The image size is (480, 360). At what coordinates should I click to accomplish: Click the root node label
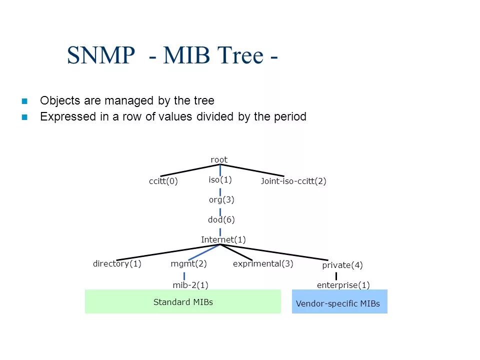point(219,159)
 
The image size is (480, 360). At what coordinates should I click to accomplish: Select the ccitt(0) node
point(163,181)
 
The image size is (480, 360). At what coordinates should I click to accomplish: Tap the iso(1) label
point(220,179)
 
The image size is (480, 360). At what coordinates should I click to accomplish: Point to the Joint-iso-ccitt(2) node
point(293,181)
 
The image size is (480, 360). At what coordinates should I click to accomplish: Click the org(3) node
point(221,199)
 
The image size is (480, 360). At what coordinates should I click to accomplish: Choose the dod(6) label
point(221,219)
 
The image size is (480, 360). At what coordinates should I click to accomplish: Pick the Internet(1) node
point(223,239)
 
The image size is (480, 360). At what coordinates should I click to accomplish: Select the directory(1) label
point(117,263)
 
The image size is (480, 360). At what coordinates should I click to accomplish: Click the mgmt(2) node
point(189,263)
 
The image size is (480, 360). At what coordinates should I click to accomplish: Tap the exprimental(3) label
point(263,263)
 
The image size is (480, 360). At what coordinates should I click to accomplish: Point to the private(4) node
point(342,265)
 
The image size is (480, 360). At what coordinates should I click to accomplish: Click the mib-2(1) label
point(190,285)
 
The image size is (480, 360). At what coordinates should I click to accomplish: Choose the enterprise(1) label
point(343,285)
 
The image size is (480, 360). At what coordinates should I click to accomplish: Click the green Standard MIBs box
point(183,301)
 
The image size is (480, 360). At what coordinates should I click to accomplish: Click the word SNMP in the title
point(101,55)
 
